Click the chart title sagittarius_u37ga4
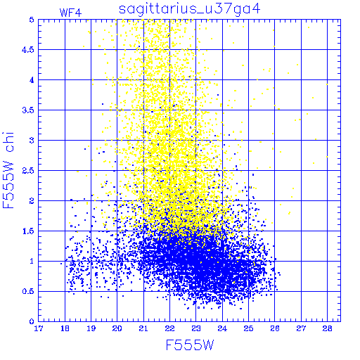[190, 9]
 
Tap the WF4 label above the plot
[70, 13]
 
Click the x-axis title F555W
[190, 345]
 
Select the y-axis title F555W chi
[8, 170]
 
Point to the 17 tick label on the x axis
[39, 328]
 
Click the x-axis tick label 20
[117, 328]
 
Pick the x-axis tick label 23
[196, 328]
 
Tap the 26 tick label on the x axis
[275, 328]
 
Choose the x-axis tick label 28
[327, 328]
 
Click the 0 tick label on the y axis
[32, 321]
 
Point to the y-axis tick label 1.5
[28, 231]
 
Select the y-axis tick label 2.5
[28, 171]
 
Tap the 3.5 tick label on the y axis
[28, 110]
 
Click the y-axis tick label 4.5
[28, 50]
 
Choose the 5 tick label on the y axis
[32, 20]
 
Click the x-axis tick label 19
[91, 328]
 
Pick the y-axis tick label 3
[32, 141]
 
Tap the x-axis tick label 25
[248, 328]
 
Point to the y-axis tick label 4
[32, 80]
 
